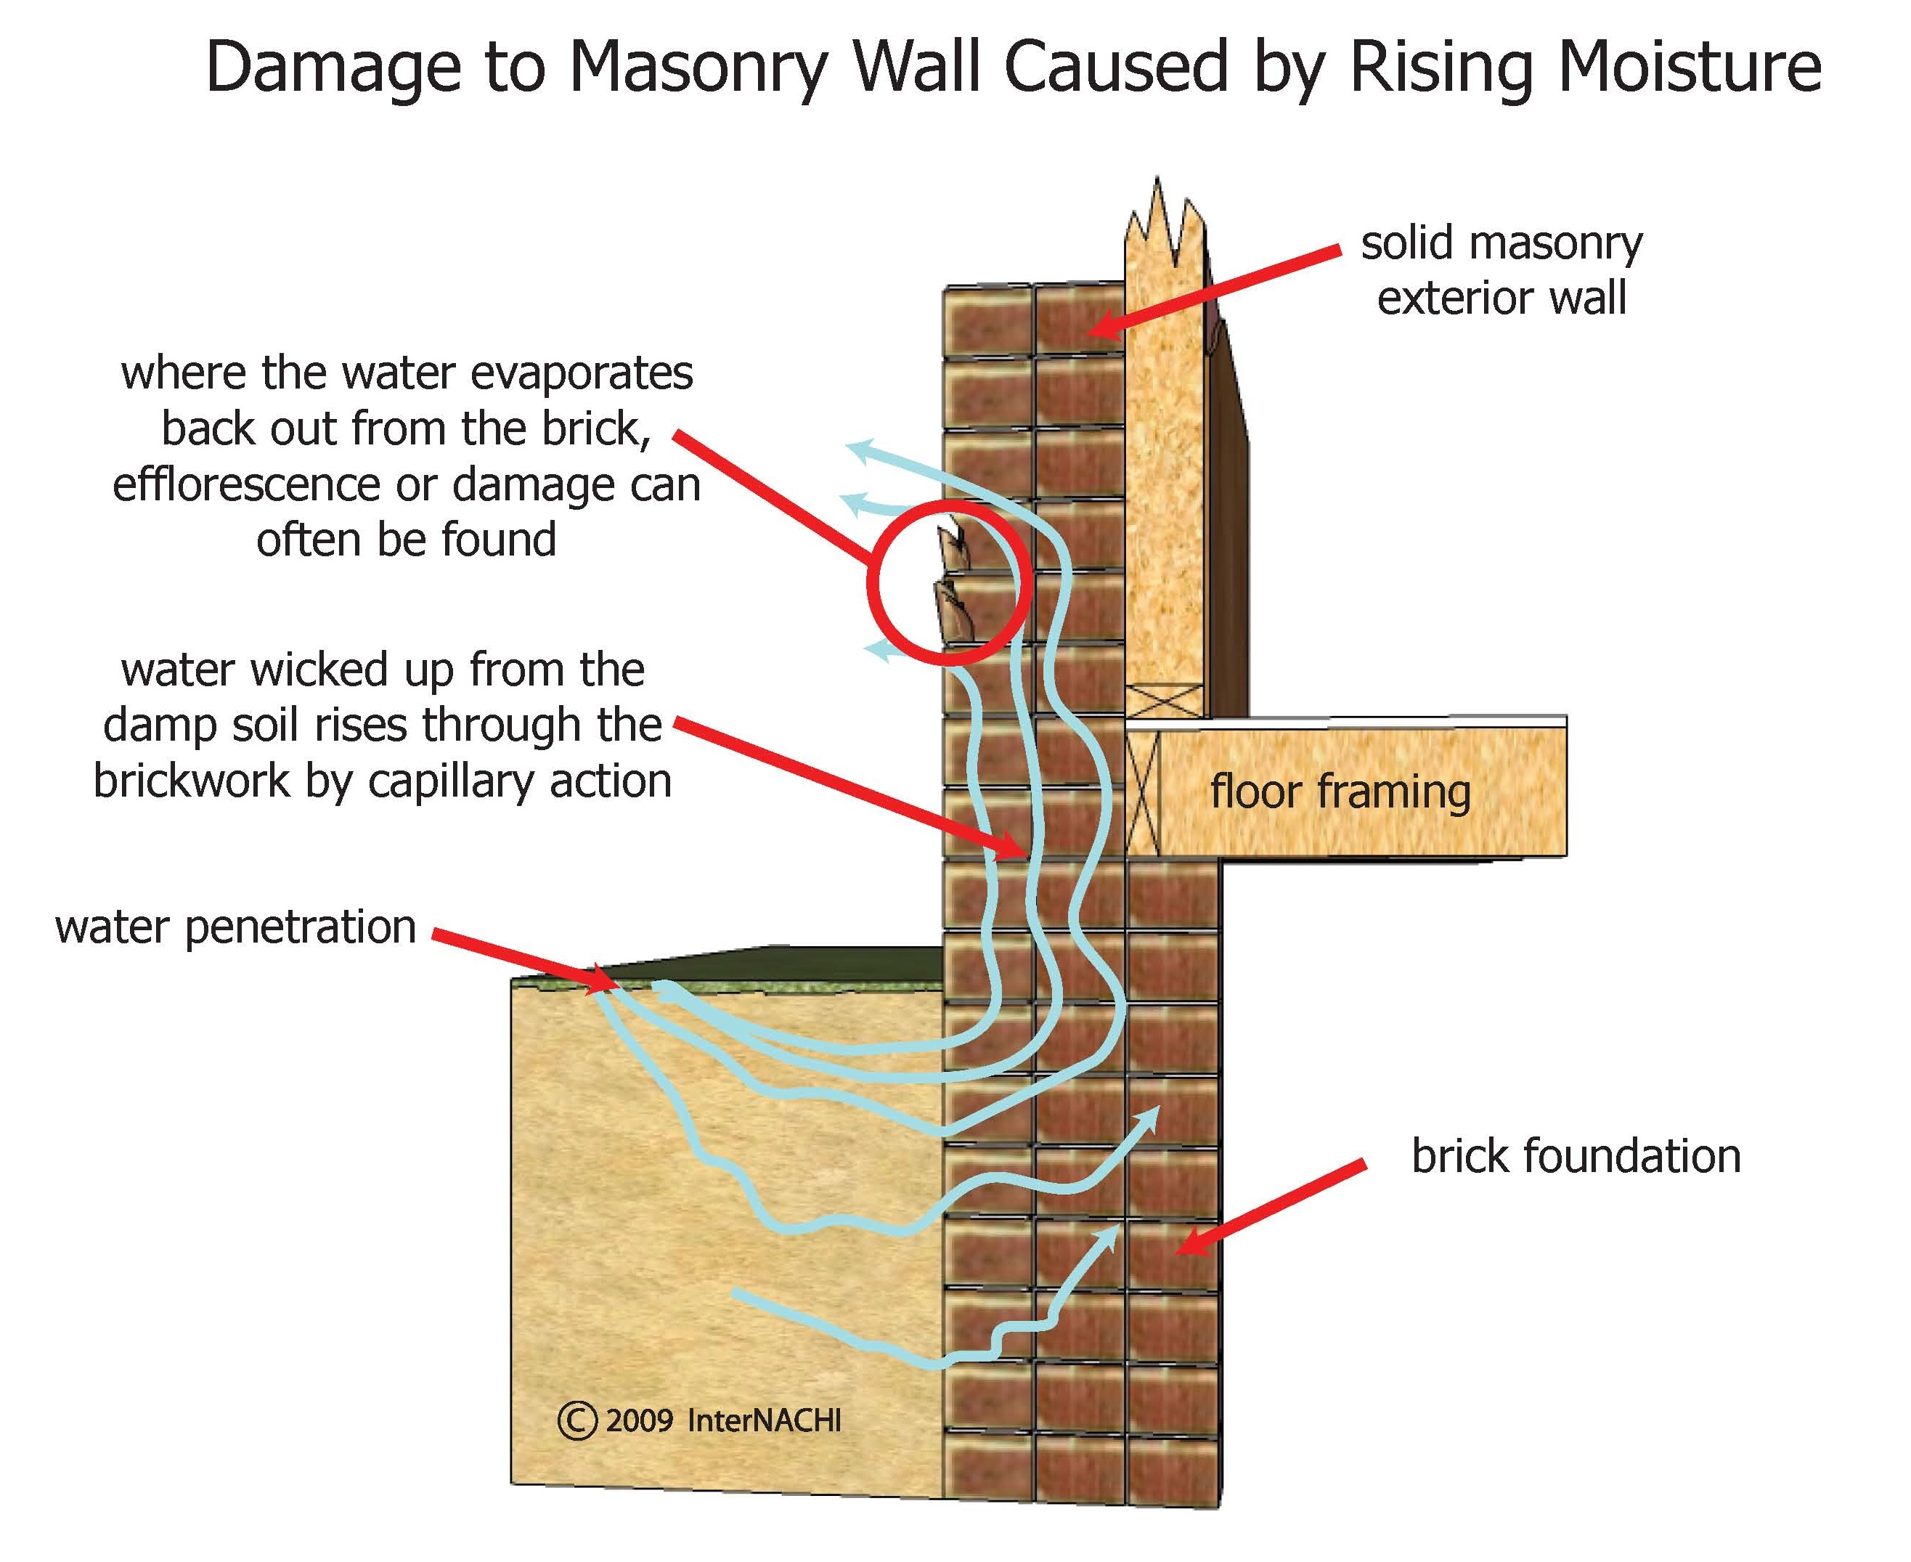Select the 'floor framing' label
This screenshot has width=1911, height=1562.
[x=1340, y=792]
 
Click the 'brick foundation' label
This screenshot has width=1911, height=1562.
[x=1576, y=1156]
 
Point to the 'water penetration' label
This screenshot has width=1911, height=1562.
[x=236, y=927]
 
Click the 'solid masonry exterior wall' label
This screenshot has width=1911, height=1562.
[x=1501, y=271]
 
